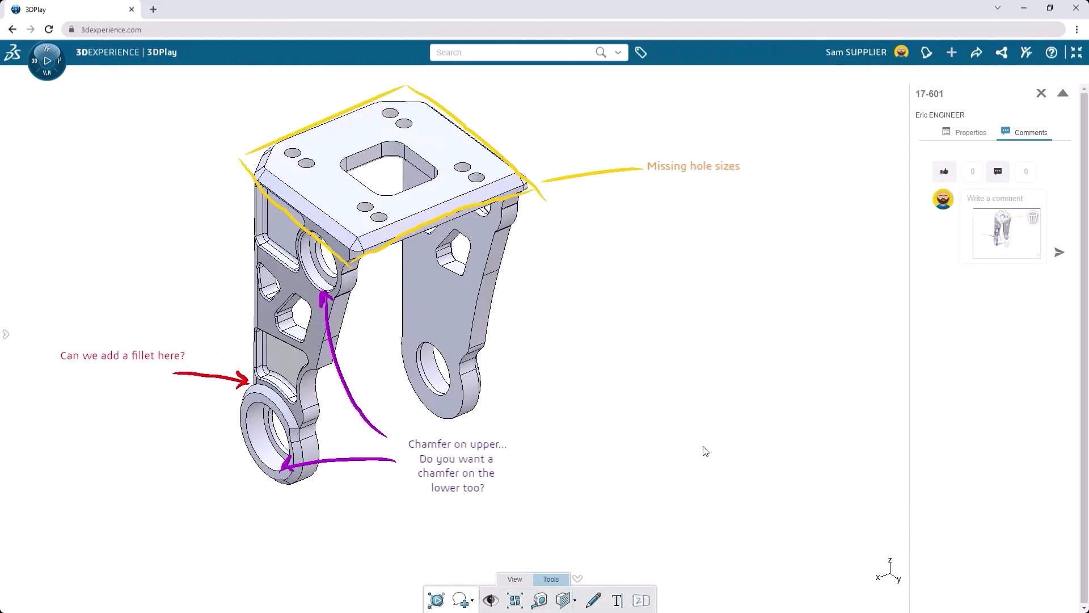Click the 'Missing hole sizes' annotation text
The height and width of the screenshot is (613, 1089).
[x=693, y=166]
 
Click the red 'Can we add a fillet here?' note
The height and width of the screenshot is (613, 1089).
[x=123, y=356]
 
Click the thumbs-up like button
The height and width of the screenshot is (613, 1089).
[x=944, y=171]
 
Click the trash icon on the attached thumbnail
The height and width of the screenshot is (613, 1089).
[x=1033, y=217]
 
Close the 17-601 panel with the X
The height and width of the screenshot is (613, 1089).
[x=1041, y=94]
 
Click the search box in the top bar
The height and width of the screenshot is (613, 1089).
[x=510, y=53]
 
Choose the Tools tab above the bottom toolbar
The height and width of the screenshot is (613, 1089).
[x=551, y=579]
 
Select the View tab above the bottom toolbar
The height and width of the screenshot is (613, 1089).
[x=514, y=579]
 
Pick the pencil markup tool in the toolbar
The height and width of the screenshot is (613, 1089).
[x=593, y=601]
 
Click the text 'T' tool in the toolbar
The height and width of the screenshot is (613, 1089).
[x=617, y=601]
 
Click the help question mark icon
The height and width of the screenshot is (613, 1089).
[x=1051, y=53]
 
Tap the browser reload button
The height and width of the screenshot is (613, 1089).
[x=49, y=30]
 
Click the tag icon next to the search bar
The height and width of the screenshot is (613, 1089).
[x=641, y=53]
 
